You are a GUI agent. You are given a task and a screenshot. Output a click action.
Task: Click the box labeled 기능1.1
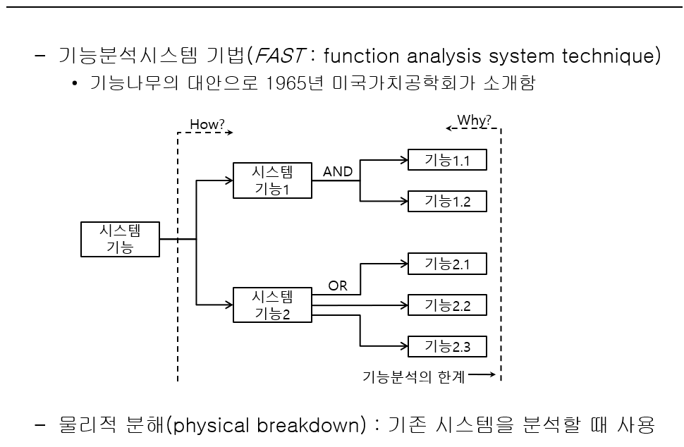pos(447,160)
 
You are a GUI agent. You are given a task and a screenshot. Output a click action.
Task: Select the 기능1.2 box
pos(447,201)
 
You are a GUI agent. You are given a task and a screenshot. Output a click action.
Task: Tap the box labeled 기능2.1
pos(447,264)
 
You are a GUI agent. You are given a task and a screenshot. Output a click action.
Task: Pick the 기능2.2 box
pos(447,305)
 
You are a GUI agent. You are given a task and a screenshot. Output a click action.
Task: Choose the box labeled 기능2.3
pos(447,346)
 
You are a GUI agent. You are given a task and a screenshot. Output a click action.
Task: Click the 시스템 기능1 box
pos(272,180)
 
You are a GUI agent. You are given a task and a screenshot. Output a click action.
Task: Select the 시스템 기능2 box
pos(272,305)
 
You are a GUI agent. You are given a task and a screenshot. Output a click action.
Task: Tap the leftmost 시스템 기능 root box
pos(120,239)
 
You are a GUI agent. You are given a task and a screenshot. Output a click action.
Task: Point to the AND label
pos(338,171)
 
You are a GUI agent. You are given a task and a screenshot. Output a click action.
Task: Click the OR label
pos(338,286)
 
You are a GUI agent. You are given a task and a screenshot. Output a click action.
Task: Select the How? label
pos(207,125)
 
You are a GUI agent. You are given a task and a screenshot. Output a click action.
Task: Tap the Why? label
pos(474,120)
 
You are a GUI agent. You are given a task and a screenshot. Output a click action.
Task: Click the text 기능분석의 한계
pos(413,376)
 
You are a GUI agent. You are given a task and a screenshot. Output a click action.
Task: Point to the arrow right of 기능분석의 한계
pos(482,376)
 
